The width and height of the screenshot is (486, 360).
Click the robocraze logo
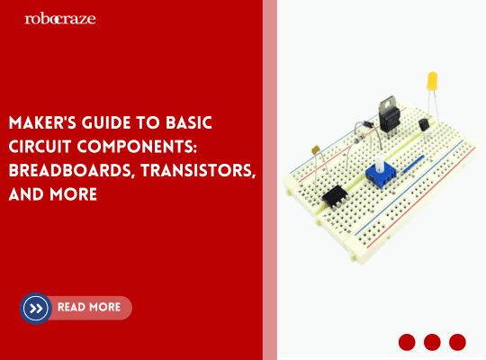(x=60, y=18)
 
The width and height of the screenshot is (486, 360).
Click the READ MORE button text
(x=88, y=308)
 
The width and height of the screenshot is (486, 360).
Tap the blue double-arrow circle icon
(x=36, y=308)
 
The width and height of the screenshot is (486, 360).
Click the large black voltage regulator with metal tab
(x=391, y=114)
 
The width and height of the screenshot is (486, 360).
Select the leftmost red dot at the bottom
(x=407, y=342)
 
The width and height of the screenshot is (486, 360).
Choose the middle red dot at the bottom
(x=432, y=342)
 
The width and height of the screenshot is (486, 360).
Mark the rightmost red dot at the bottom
(x=457, y=342)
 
